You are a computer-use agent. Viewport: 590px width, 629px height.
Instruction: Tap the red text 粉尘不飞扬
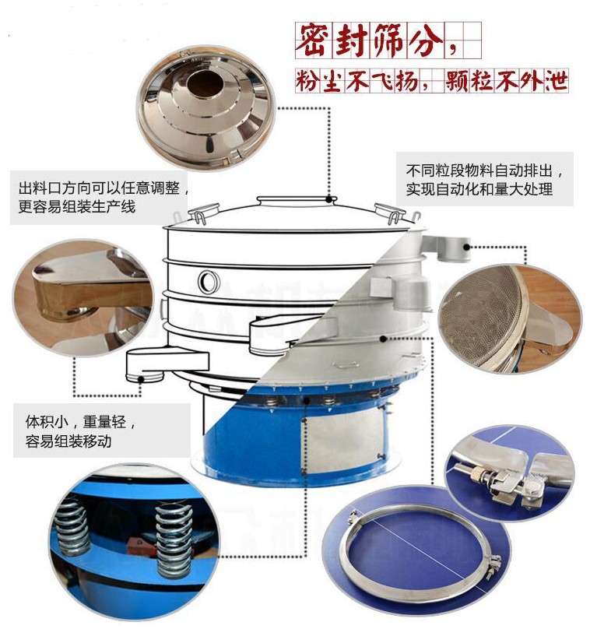(x=357, y=81)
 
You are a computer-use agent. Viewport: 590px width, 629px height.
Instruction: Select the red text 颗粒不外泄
(x=506, y=81)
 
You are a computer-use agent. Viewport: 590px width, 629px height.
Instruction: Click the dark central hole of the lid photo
(x=205, y=84)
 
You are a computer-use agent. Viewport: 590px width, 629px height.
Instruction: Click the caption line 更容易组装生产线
(x=77, y=206)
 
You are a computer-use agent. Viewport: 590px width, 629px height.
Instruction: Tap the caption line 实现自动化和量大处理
(x=479, y=189)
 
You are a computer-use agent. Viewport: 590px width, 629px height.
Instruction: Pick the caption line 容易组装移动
(x=68, y=441)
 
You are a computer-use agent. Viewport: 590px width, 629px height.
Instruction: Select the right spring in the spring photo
(x=174, y=539)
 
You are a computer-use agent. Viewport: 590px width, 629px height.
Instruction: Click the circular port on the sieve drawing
(x=209, y=281)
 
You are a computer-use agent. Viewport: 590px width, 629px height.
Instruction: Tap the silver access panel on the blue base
(x=344, y=438)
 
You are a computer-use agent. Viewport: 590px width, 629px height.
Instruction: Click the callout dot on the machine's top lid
(x=329, y=199)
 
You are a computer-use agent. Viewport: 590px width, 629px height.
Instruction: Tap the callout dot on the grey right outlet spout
(x=466, y=247)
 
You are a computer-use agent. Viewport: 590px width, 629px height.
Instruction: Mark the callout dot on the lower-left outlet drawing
(x=140, y=379)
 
